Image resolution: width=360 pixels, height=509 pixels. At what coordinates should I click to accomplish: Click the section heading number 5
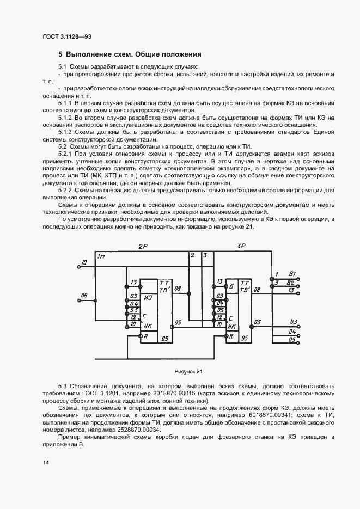[60, 54]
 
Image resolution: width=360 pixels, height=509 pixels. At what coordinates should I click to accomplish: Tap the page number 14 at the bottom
[45, 462]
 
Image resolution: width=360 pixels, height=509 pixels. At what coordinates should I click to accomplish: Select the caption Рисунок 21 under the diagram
[188, 372]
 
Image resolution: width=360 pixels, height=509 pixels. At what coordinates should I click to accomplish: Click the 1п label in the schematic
[101, 256]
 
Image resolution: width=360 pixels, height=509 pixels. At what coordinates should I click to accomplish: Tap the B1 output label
[291, 273]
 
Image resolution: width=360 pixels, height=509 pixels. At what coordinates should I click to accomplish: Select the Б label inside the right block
[233, 285]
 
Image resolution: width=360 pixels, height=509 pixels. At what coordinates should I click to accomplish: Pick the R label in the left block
[145, 336]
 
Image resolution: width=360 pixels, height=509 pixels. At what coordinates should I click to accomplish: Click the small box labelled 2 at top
[192, 255]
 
